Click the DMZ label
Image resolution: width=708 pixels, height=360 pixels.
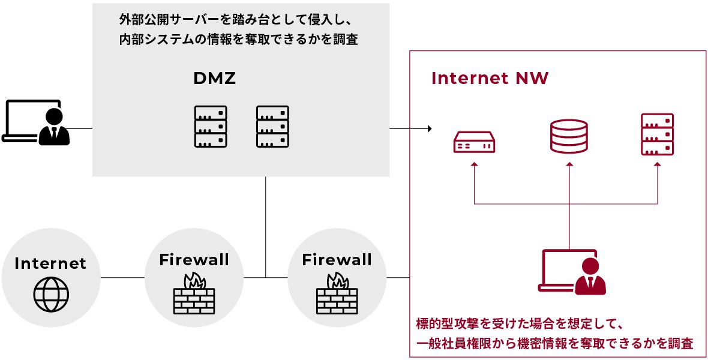pos(214,78)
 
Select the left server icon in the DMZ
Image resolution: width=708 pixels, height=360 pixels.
pos(211,127)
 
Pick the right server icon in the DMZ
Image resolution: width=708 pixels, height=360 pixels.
pos(273,127)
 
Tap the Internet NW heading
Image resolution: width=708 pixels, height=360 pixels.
pos(490,79)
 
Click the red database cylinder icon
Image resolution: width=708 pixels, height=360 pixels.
pos(568,136)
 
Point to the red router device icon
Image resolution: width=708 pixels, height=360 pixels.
pos(474,143)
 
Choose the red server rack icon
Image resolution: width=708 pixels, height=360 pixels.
pos(657,135)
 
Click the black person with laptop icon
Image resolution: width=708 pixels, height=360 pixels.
pos(36,122)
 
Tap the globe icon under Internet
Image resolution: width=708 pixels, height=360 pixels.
pos(51,294)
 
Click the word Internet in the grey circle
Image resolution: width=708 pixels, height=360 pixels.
pos(50,263)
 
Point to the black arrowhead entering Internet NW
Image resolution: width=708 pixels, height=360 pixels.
pos(429,128)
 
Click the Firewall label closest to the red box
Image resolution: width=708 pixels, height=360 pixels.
pos(337,260)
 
